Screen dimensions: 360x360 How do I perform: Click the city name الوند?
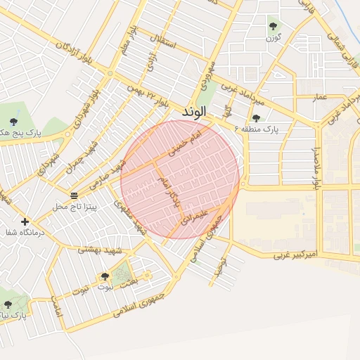coord(194,112)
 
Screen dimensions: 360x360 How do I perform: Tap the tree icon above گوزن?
coord(273,26)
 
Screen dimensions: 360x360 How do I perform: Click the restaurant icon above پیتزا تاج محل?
coord(75,195)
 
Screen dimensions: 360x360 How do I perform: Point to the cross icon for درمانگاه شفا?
coord(25,221)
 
